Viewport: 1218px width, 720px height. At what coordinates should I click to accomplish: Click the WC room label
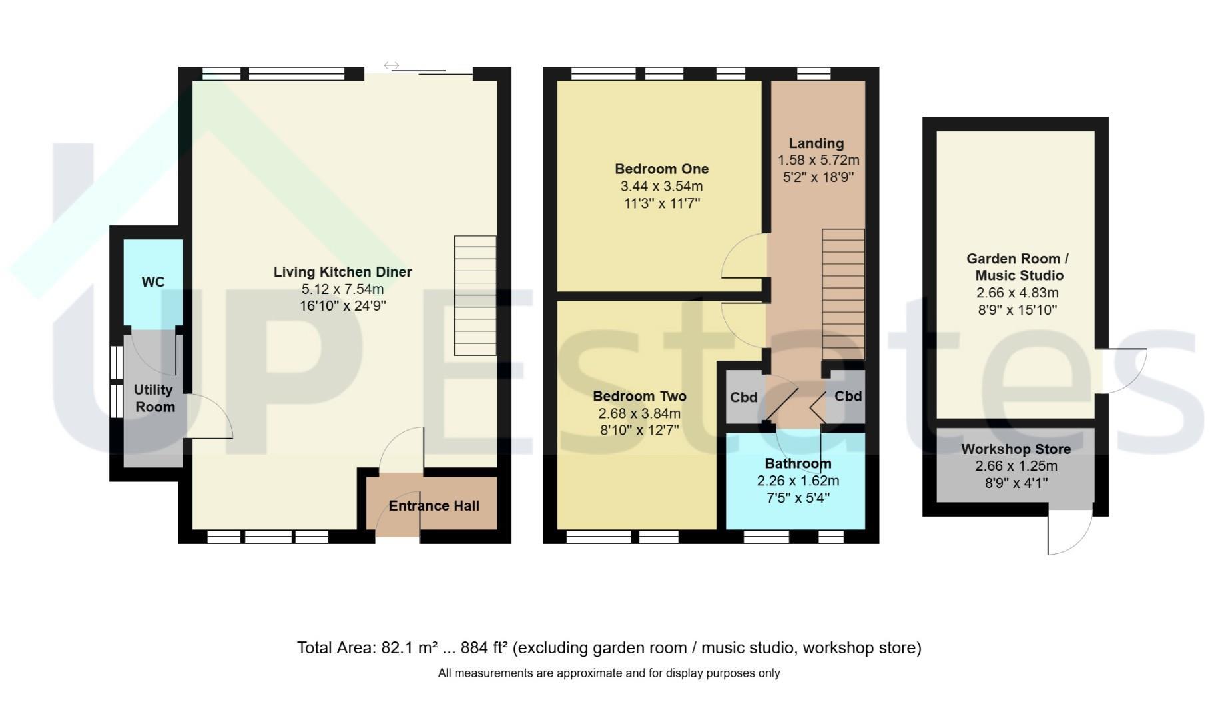(x=152, y=282)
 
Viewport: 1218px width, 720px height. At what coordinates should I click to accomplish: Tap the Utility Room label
(x=154, y=398)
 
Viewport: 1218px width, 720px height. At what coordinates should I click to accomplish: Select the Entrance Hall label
(x=434, y=506)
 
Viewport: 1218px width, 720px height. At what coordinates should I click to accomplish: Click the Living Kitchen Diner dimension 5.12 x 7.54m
(x=342, y=289)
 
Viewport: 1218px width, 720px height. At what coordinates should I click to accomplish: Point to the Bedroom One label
(x=661, y=169)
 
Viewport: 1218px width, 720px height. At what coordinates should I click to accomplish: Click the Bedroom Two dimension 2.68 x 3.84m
(x=639, y=413)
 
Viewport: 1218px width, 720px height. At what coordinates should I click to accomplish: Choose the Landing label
(x=816, y=143)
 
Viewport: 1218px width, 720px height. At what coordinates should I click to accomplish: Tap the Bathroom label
(x=798, y=464)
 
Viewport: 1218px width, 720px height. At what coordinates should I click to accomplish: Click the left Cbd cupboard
(x=743, y=397)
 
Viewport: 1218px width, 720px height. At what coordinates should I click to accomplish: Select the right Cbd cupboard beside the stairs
(x=847, y=397)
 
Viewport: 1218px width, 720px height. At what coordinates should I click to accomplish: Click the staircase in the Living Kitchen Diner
(x=475, y=295)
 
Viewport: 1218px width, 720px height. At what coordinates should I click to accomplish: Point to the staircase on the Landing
(x=843, y=295)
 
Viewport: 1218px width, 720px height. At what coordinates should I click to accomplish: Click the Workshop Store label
(x=1016, y=449)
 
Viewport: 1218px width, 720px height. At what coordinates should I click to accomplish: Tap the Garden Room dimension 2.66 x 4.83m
(x=1017, y=293)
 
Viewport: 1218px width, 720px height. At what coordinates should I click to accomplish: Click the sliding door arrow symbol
(x=392, y=65)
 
